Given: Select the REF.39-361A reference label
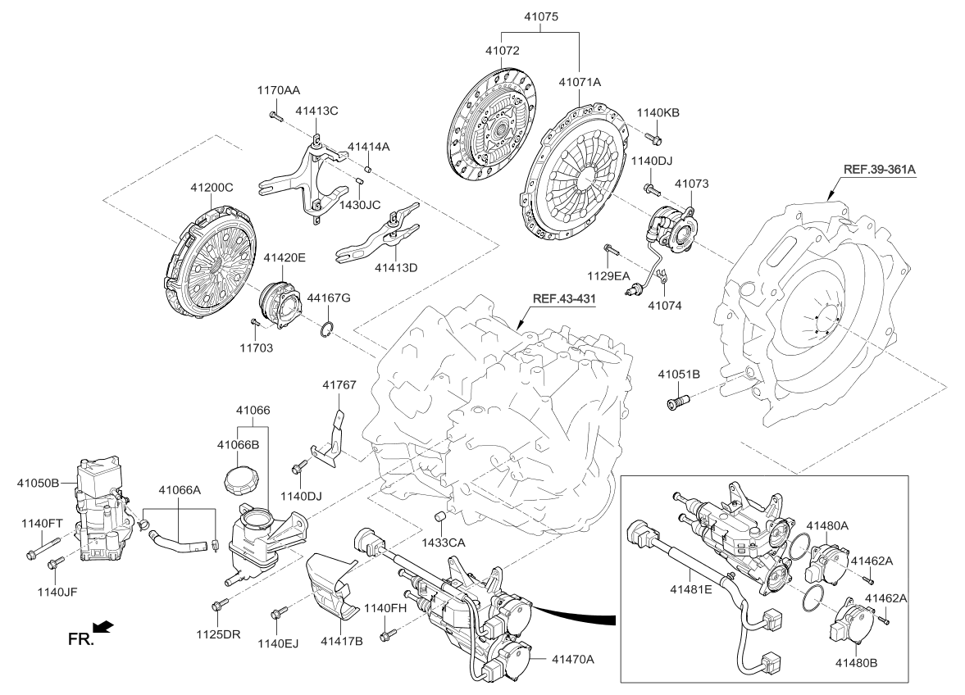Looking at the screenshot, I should [x=877, y=170].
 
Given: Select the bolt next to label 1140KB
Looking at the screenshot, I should [x=653, y=137].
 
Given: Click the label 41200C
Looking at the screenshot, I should [x=212, y=188].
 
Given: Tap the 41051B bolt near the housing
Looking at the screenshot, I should [x=680, y=402].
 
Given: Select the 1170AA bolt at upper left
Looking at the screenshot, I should [x=274, y=116].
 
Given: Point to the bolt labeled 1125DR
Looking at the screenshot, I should [x=218, y=606].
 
